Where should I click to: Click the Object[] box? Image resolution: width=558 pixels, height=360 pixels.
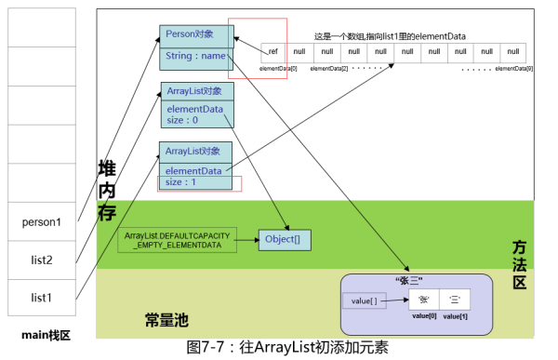(284, 239)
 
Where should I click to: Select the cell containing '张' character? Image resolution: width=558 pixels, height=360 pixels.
(424, 300)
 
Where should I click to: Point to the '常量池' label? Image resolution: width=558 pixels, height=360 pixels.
(166, 320)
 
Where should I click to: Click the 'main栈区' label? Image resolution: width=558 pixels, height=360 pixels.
(46, 333)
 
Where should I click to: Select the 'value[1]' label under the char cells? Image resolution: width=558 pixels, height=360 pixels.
(456, 317)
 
